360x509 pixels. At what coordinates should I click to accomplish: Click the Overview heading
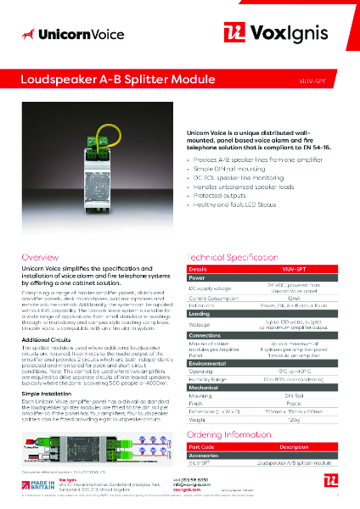(41, 256)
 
